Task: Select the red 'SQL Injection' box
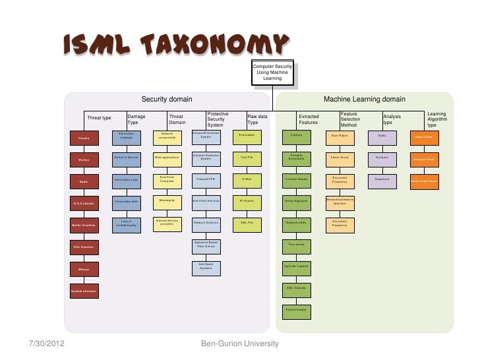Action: (x=84, y=247)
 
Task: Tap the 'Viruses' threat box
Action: (x=84, y=138)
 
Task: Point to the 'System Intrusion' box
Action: (x=84, y=291)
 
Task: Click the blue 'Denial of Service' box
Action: (x=126, y=158)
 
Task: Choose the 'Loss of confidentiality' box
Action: (x=126, y=224)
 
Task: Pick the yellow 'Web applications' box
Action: (x=167, y=158)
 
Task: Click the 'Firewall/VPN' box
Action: (x=206, y=179)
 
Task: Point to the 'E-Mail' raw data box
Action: (x=247, y=179)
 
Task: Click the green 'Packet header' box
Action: (x=296, y=309)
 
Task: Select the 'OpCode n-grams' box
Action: (x=296, y=266)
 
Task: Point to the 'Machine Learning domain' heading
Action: (x=364, y=99)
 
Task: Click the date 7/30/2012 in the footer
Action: (x=47, y=344)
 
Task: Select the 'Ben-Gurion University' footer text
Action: (x=240, y=344)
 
